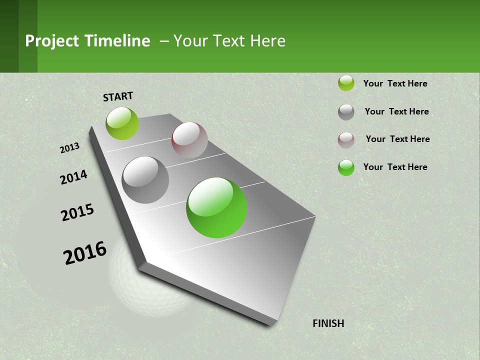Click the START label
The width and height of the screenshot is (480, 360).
(x=118, y=96)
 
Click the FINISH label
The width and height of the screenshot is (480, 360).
(x=328, y=323)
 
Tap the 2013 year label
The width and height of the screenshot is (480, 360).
(x=70, y=148)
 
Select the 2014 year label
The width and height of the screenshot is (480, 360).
(x=74, y=177)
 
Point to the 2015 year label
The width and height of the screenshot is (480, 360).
(x=77, y=212)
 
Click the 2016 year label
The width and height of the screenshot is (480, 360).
(x=85, y=253)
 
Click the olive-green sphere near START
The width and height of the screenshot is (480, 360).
(x=122, y=123)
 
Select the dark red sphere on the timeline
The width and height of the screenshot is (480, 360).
(x=189, y=140)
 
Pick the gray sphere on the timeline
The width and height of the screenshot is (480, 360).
(x=145, y=180)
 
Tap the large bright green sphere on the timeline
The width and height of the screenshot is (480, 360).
(x=216, y=207)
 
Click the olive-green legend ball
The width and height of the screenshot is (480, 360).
(x=346, y=83)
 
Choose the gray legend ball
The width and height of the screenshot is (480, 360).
(x=346, y=112)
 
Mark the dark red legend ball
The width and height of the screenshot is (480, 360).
(x=346, y=140)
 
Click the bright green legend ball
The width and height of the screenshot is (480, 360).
(x=346, y=167)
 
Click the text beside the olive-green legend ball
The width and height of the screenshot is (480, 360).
(x=395, y=83)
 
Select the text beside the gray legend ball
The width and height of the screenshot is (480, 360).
(x=397, y=111)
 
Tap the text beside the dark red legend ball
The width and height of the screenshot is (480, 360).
(x=398, y=139)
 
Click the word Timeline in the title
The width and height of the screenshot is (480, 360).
(x=117, y=41)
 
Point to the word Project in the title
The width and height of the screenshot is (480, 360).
(x=51, y=41)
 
